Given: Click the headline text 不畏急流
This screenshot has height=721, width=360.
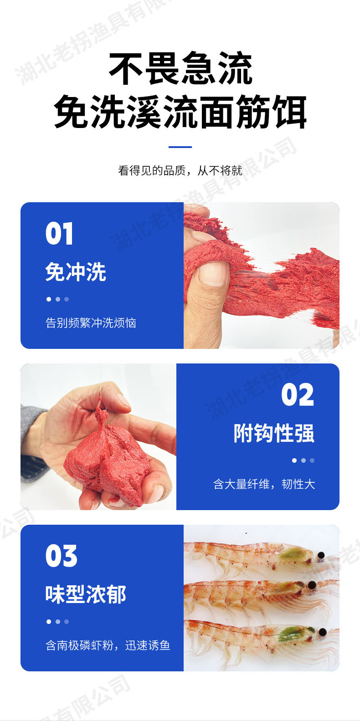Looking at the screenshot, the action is click(x=180, y=69).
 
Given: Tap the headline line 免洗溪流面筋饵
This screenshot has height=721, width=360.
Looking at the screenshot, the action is click(x=180, y=112).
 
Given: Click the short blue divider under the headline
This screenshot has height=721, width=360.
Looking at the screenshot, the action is click(x=180, y=147).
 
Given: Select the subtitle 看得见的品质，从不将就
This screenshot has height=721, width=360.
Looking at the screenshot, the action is click(x=180, y=171).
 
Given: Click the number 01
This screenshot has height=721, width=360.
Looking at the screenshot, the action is click(x=59, y=234).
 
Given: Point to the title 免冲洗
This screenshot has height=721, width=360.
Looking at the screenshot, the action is click(x=76, y=272).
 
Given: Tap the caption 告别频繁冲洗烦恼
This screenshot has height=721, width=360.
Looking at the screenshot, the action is click(x=91, y=323).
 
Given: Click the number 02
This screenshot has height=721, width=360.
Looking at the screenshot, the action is click(x=298, y=395).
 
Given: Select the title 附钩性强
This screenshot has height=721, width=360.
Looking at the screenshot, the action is click(x=274, y=433).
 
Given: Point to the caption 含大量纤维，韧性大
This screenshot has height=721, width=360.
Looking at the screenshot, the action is click(x=264, y=484).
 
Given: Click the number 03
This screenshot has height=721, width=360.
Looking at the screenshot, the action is click(x=61, y=556).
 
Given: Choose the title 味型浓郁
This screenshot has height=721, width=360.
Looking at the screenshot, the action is click(x=86, y=594).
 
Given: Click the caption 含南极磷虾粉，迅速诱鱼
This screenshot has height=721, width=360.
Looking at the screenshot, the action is click(x=108, y=645).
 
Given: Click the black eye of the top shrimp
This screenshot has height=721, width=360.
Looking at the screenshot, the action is click(x=321, y=555).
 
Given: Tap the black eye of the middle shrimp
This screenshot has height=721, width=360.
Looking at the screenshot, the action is click(x=311, y=585).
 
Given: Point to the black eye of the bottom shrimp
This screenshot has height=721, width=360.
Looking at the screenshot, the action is click(x=323, y=632).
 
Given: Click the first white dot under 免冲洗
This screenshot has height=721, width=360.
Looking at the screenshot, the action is click(x=49, y=299).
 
